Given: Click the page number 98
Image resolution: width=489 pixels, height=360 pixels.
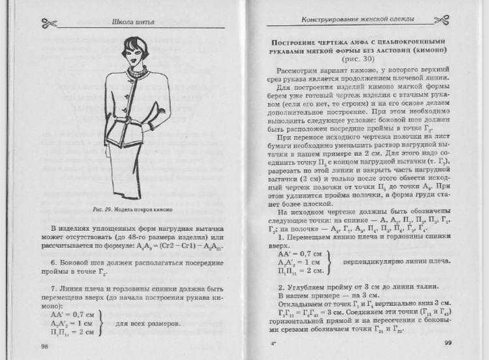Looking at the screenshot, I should (45, 346).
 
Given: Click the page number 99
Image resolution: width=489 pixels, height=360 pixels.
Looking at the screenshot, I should (449, 344).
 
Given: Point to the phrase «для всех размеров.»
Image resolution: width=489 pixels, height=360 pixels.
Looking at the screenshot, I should (147, 323).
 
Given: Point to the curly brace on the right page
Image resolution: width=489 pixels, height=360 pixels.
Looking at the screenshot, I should (329, 261).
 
